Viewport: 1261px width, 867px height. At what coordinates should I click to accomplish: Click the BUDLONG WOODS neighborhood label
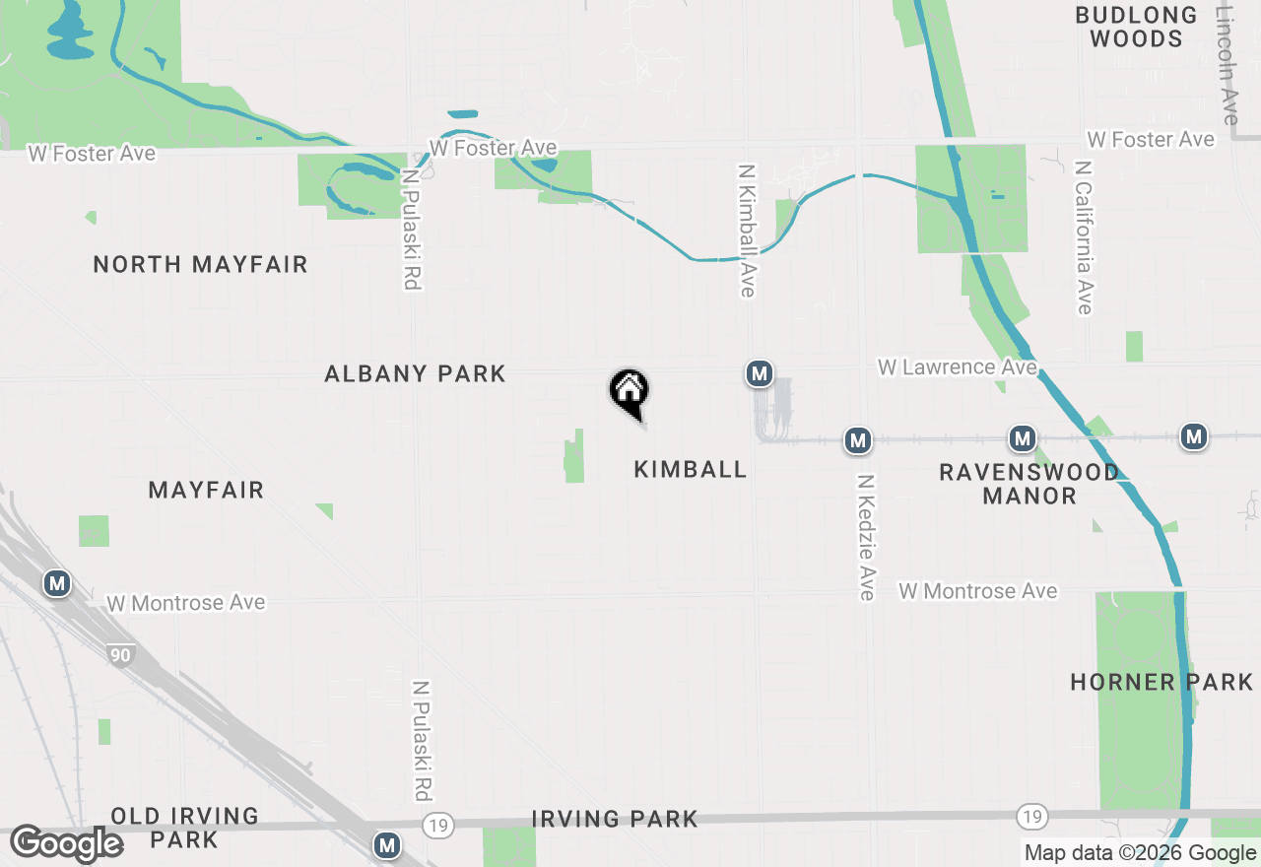pos(1136,27)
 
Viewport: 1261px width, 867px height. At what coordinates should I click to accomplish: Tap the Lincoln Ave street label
pos(1227,63)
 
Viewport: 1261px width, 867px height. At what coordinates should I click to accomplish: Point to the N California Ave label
pos(1084,237)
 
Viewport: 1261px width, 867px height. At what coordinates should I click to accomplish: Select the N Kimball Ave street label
pos(746,230)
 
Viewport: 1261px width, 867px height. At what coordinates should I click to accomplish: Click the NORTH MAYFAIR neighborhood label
pos(200,264)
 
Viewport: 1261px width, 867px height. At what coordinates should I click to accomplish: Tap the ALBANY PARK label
pos(415,373)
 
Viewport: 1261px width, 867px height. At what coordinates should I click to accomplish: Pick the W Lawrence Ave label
pos(957,367)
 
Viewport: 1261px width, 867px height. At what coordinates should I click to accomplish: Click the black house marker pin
pos(629,392)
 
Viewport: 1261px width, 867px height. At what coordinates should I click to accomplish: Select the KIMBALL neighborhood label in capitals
pos(690,469)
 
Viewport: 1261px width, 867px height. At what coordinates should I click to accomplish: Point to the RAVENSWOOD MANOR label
pos(1029,484)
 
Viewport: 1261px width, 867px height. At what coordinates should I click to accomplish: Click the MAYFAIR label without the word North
pos(206,490)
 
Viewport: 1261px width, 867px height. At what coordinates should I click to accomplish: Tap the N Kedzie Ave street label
pos(866,537)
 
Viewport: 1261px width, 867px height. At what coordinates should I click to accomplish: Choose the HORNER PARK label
pos(1161,682)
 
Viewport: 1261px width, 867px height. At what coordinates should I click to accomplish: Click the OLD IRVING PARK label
pos(184,828)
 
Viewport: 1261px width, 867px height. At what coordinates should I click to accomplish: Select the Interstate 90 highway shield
pos(120,655)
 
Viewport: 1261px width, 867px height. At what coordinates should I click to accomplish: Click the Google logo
pos(66,843)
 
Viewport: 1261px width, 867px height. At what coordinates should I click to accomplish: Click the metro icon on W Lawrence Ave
pos(758,373)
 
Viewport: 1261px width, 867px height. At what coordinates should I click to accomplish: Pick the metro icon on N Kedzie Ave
pos(858,440)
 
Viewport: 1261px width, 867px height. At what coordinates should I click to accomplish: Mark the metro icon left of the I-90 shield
pos(57,584)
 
